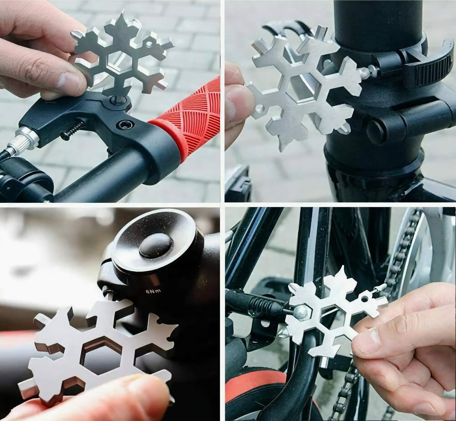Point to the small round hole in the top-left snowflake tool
click(x=149, y=43)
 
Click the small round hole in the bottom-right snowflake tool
click(x=364, y=299)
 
